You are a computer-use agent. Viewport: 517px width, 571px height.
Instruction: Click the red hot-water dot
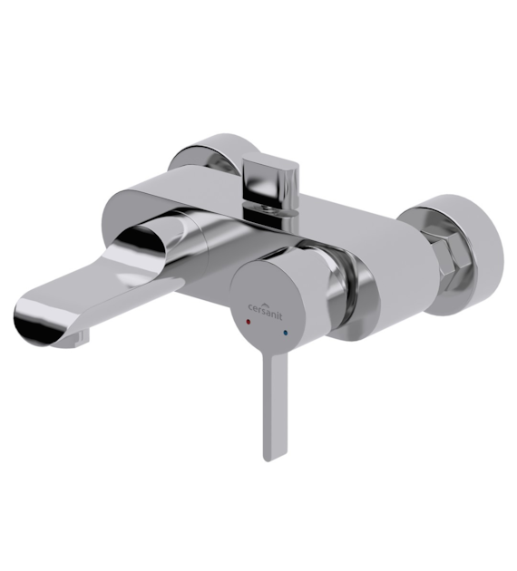(x=249, y=322)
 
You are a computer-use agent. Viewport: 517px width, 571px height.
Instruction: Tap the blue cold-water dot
(x=285, y=333)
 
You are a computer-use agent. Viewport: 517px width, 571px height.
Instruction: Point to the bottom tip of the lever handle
(x=268, y=460)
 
